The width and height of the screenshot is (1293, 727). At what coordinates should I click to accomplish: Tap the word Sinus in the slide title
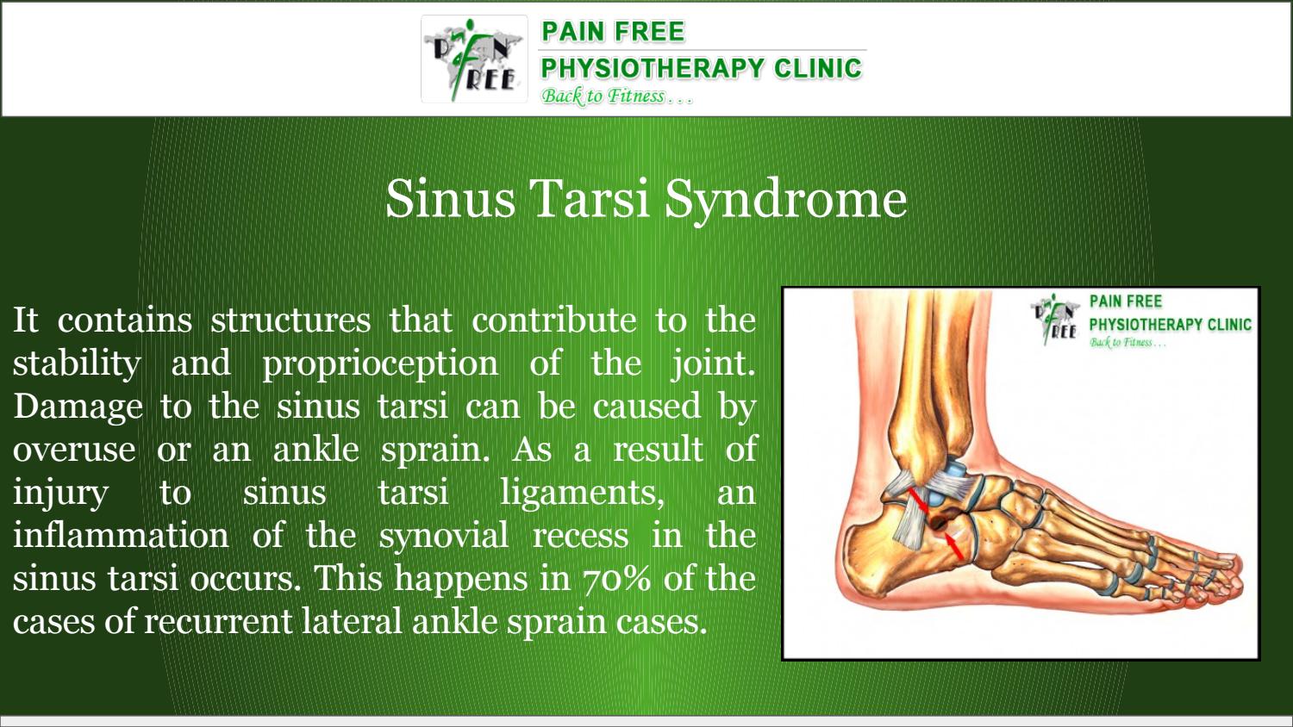[450, 199]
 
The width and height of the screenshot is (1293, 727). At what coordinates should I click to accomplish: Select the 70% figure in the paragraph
[616, 578]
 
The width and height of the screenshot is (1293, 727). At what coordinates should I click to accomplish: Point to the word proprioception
[380, 363]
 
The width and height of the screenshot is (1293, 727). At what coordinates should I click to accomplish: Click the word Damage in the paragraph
[78, 406]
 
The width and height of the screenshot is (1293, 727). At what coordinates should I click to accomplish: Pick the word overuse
[74, 449]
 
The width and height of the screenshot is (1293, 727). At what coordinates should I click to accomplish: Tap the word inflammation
[121, 535]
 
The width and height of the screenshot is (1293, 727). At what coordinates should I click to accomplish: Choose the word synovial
[444, 535]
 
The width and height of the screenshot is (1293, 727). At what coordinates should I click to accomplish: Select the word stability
[77, 363]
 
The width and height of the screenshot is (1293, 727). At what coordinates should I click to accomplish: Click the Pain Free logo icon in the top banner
[474, 59]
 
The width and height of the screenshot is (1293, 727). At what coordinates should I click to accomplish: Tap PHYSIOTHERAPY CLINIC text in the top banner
[701, 68]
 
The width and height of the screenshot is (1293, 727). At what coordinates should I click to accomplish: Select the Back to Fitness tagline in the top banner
[616, 96]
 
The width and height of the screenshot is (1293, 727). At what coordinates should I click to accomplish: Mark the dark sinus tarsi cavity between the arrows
[938, 521]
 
